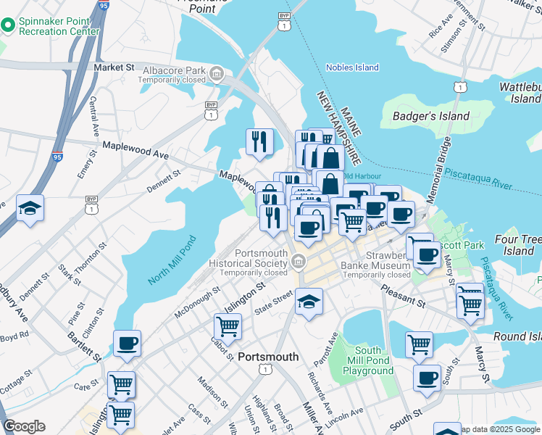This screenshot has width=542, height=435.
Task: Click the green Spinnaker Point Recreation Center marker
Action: click(9, 26)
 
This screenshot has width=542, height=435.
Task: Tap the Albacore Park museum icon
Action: click(216, 73)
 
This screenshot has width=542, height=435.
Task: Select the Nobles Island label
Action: click(352, 67)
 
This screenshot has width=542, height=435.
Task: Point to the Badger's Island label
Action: click(430, 116)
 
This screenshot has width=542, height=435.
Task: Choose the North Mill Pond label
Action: click(172, 259)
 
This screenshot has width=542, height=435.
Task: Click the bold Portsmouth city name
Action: click(268, 357)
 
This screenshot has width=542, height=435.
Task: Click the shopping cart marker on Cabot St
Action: click(228, 327)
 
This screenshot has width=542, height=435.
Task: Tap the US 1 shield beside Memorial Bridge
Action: click(458, 87)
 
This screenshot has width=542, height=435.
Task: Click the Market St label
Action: click(114, 67)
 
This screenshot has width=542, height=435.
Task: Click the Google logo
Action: click(24, 426)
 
